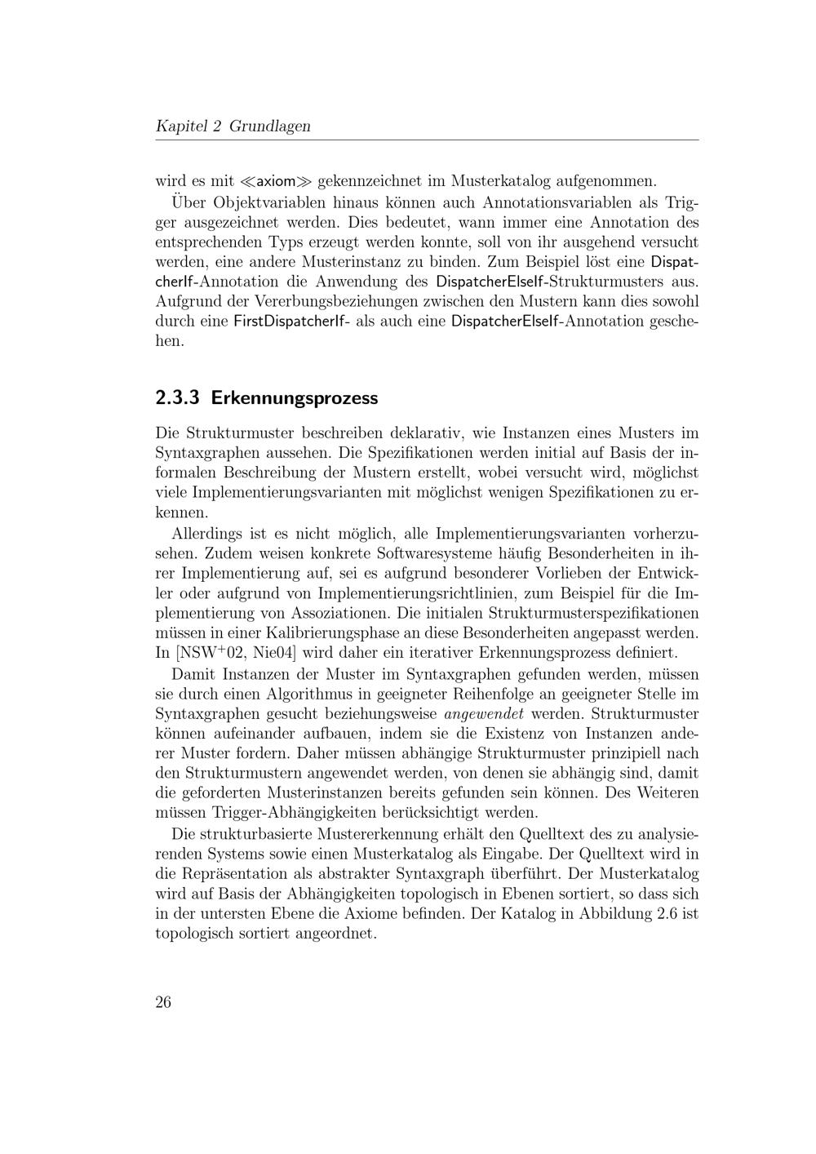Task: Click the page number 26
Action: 163,1003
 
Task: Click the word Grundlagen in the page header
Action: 270,126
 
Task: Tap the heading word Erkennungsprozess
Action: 295,398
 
